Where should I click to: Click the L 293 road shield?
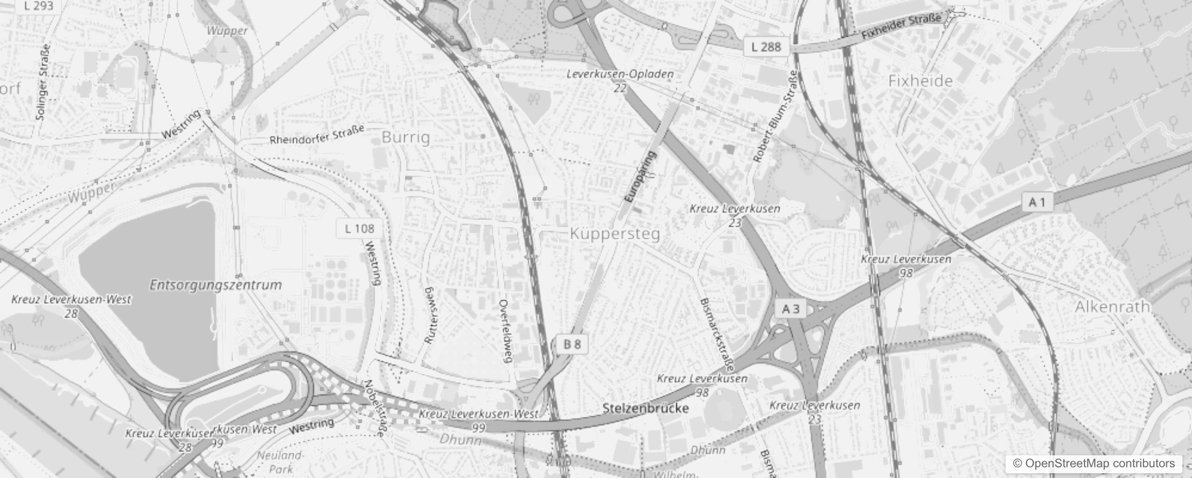tap(39, 6)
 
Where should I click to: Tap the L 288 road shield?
tap(766, 47)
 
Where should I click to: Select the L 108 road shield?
tap(360, 228)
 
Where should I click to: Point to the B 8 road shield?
tap(572, 344)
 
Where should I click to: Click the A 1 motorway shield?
tap(1037, 203)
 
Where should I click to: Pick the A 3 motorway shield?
tap(791, 308)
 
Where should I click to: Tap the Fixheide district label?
tap(920, 81)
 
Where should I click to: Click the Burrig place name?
tap(405, 137)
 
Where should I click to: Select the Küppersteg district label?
tap(615, 234)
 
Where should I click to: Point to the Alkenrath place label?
tap(1112, 307)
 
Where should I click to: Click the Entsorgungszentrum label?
tap(216, 284)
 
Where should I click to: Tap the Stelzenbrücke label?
tap(646, 409)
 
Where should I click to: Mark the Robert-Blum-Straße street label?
tap(775, 117)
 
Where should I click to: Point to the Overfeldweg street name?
tap(506, 330)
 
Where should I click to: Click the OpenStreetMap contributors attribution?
tap(1093, 463)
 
